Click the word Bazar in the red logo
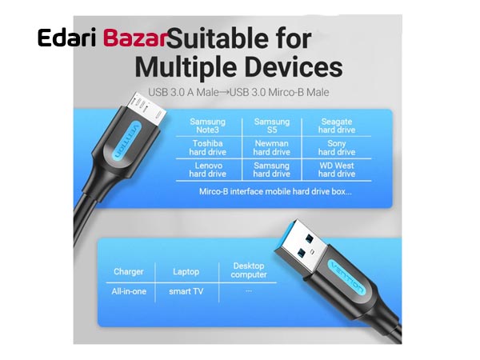(134, 38)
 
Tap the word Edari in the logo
(66, 38)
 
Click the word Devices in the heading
(294, 67)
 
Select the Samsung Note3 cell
(207, 126)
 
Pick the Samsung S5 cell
(272, 126)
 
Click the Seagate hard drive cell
(337, 126)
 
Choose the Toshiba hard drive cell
(207, 148)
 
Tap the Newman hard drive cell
(272, 148)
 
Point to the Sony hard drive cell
(337, 148)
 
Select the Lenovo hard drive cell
(207, 170)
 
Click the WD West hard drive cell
(337, 170)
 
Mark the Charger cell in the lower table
(129, 272)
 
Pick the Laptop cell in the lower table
(186, 272)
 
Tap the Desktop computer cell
(249, 270)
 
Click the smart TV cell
(186, 291)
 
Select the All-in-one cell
(129, 291)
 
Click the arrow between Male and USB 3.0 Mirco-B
(224, 92)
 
